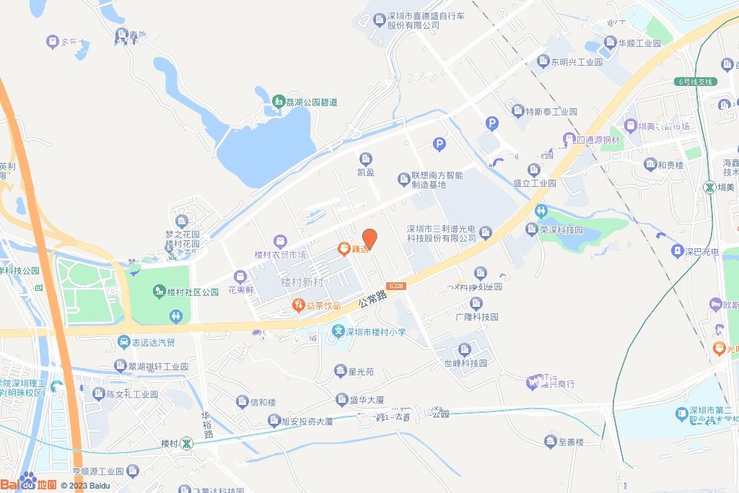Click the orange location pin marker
tap(369, 239)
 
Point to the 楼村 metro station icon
tap(186, 442)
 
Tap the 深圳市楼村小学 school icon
tap(337, 332)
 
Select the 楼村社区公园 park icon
tap(159, 292)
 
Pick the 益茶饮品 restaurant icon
tap(297, 305)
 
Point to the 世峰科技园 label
tap(465, 363)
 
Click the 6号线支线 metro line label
tap(695, 82)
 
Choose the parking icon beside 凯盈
tap(439, 145)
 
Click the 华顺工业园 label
tap(639, 43)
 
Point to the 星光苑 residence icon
tap(340, 372)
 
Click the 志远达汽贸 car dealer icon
tap(125, 342)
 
